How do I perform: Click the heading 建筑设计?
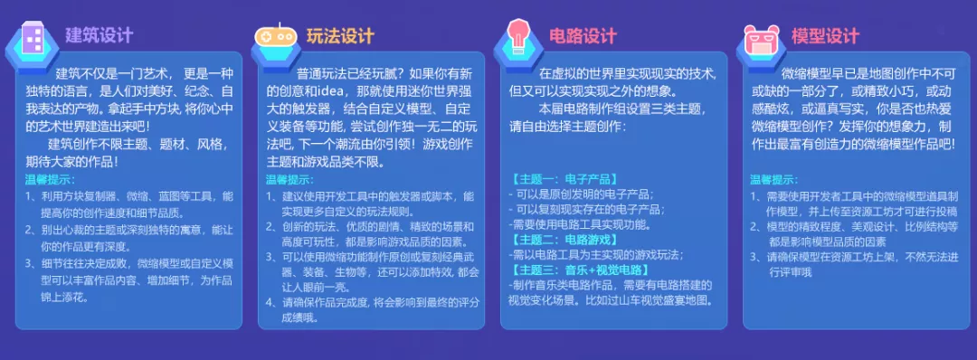coord(100,35)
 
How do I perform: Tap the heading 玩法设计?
coord(340,35)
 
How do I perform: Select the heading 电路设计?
coord(583,35)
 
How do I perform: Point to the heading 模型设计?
coord(825,35)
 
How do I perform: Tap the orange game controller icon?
coord(275,36)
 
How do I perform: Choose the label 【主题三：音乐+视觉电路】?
coord(581,270)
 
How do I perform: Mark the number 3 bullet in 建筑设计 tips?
coord(29,263)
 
